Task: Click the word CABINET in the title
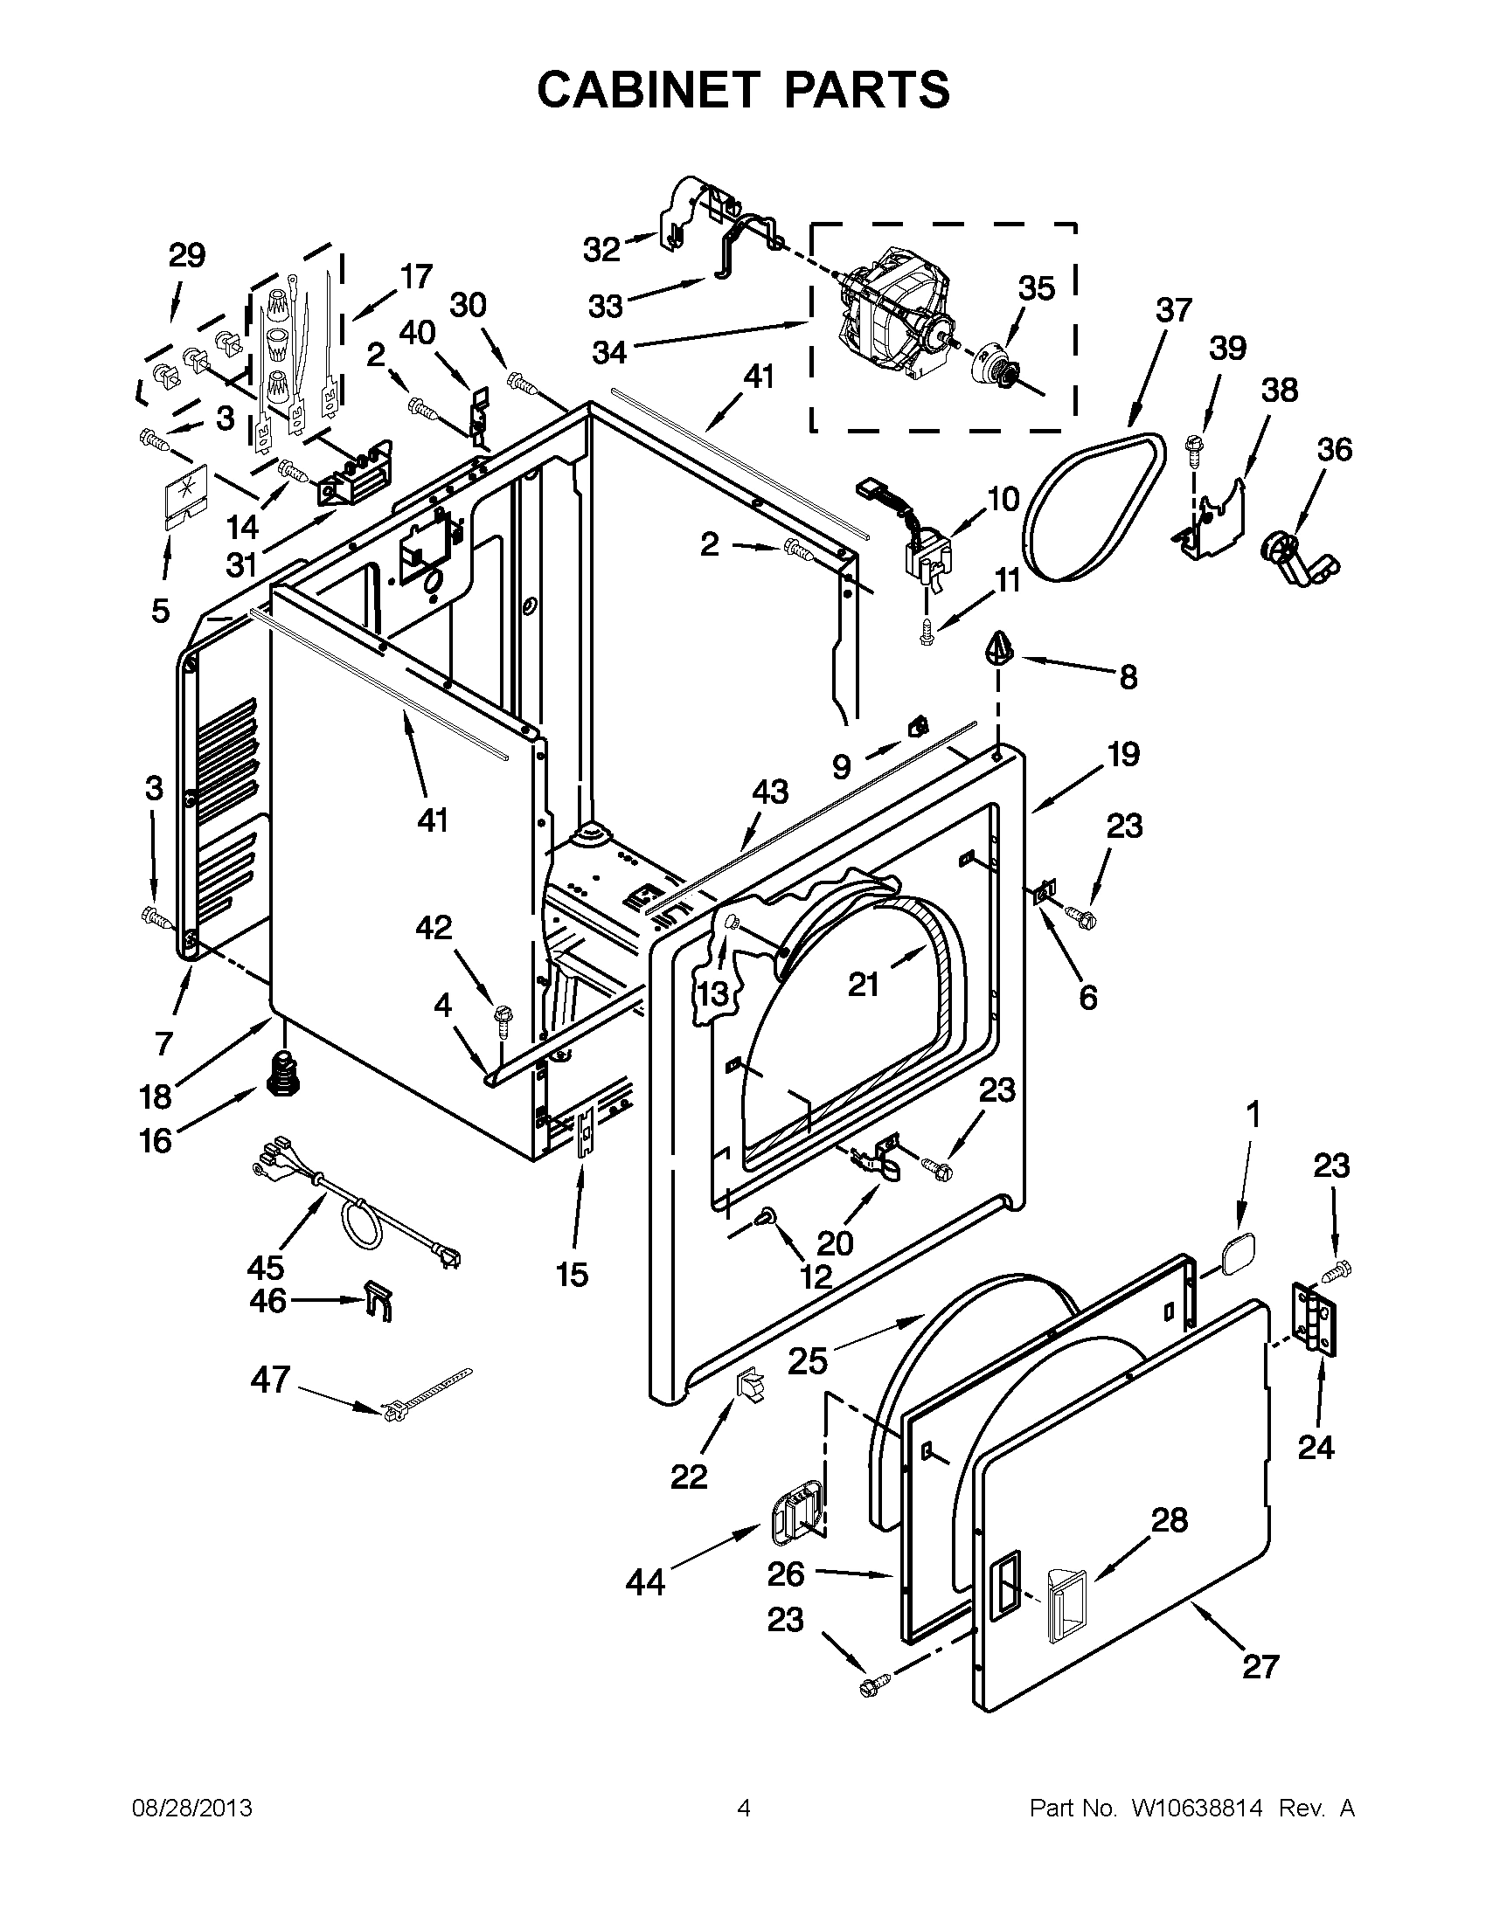648,89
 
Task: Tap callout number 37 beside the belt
1173,310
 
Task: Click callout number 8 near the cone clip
1128,676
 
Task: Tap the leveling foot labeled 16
283,1074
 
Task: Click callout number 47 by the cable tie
269,1379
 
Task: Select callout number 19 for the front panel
1123,755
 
